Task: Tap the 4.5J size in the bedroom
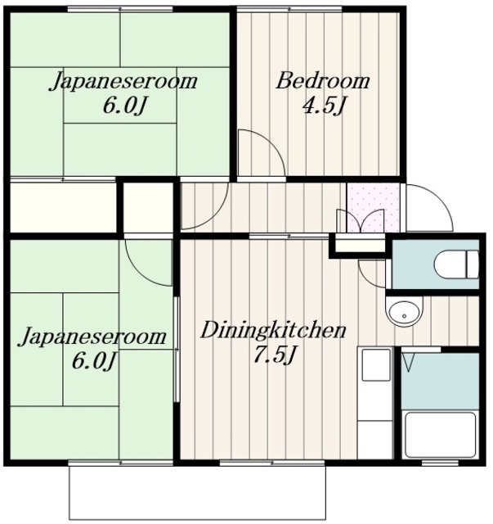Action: coord(324,106)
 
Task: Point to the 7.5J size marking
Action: coord(274,355)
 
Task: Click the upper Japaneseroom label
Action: coord(123,81)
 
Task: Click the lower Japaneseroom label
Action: coord(92,337)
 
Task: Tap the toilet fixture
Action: coord(456,264)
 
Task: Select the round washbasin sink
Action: coord(404,312)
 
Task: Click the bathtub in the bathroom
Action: coord(439,435)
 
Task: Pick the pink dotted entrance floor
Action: coord(374,207)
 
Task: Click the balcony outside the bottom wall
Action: coord(197,492)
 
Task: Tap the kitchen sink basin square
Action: coord(376,364)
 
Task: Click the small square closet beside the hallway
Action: coord(149,207)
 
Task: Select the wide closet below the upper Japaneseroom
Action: coord(64,207)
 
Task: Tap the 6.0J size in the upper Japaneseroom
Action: coord(124,106)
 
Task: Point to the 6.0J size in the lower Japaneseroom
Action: coord(94,361)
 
